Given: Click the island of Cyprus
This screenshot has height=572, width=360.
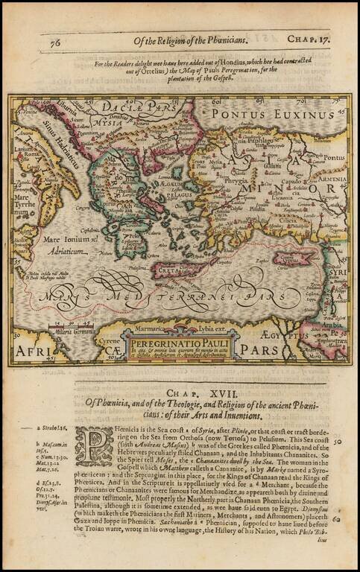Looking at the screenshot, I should pos(293,258).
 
